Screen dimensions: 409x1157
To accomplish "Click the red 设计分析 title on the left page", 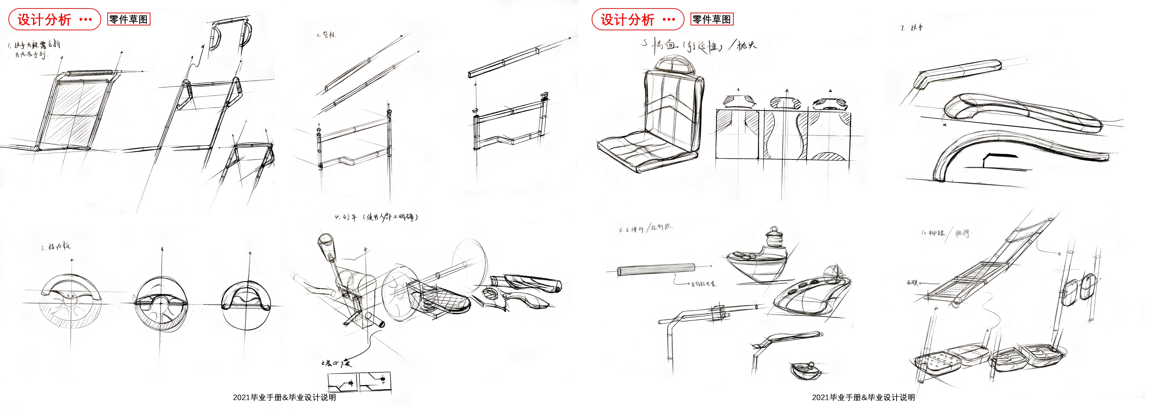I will coord(44,19).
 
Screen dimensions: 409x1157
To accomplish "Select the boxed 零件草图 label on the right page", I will coord(712,19).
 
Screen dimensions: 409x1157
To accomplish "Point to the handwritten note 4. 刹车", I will coord(346,217).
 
